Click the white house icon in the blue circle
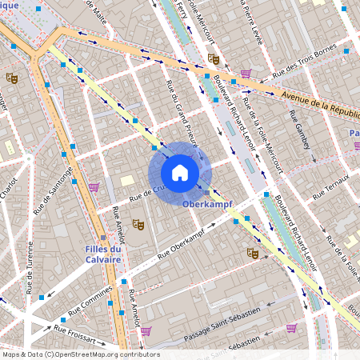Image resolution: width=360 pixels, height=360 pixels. pos(180,173)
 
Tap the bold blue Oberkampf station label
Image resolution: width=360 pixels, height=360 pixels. pos(207,205)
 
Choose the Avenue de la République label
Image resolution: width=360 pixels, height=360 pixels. pos(319,103)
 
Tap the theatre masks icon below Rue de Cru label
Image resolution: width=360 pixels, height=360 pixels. pos(137,225)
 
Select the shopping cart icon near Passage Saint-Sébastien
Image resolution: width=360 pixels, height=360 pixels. pos(291,327)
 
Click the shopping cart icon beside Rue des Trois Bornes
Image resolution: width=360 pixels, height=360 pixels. pos(246,74)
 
